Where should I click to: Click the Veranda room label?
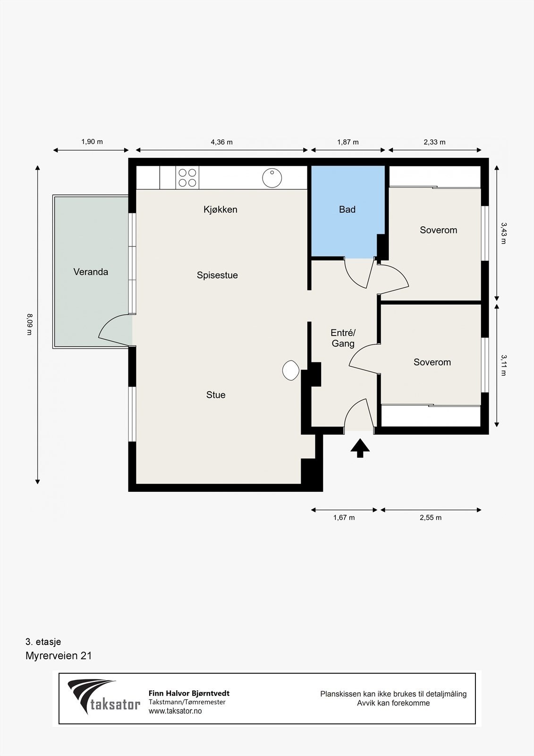(x=91, y=272)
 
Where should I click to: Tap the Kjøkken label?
(x=220, y=209)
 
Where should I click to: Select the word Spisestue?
(x=217, y=275)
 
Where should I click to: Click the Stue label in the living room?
(x=216, y=395)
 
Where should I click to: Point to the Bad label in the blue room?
(x=347, y=209)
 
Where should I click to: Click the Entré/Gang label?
(x=343, y=338)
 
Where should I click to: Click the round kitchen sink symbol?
(x=272, y=178)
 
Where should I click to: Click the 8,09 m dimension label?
(x=29, y=324)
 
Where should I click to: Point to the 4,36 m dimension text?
(x=221, y=142)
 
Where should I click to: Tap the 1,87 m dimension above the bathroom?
(x=348, y=142)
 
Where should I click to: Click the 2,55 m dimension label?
(x=431, y=517)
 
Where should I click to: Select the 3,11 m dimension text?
(x=503, y=365)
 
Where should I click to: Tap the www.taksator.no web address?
(x=175, y=711)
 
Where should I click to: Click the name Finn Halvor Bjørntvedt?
(x=189, y=693)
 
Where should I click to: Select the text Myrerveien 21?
(x=59, y=656)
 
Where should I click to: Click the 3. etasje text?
(x=43, y=642)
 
